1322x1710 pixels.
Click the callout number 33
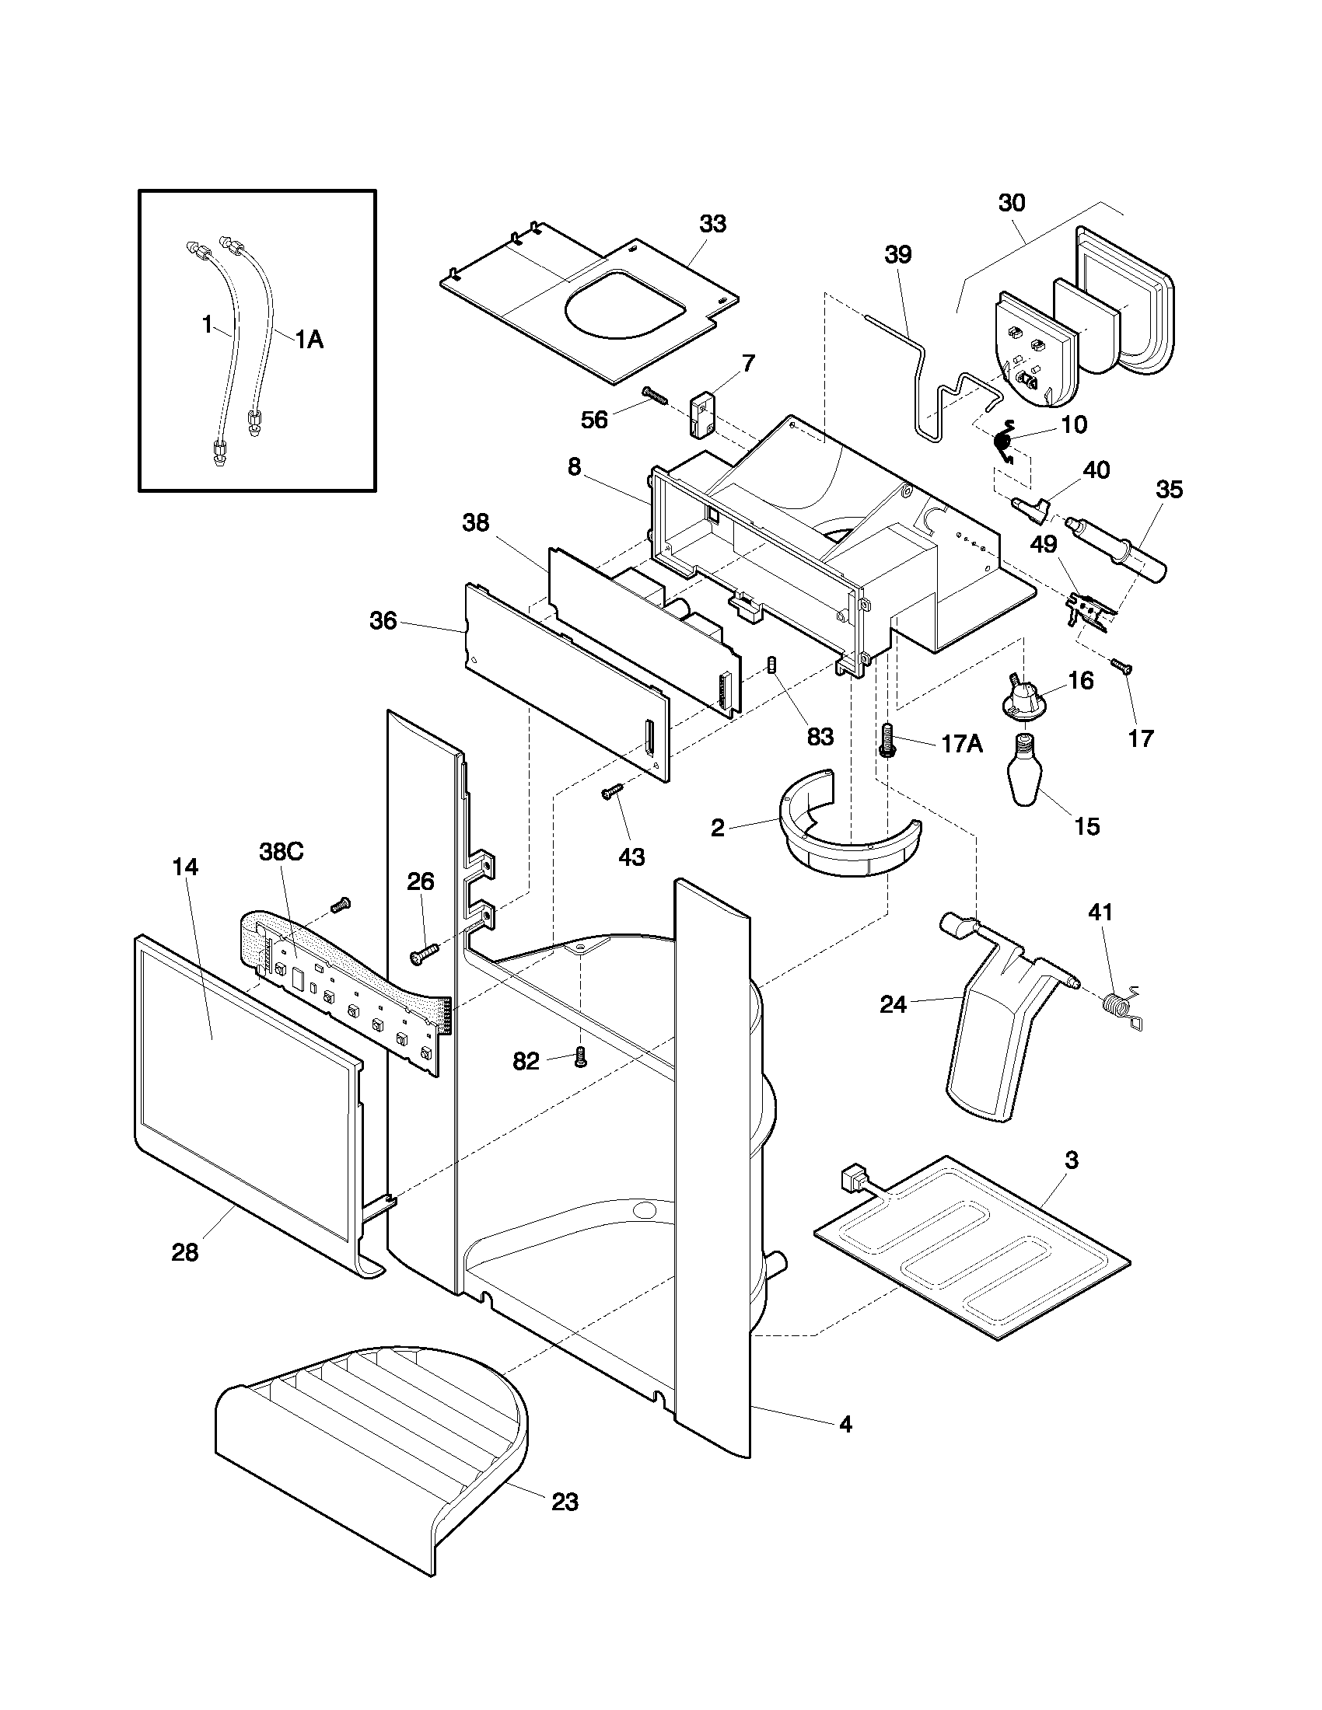tap(712, 224)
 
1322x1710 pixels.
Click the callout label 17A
tap(962, 743)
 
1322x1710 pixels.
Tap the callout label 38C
tap(282, 852)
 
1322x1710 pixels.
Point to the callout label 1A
tap(310, 339)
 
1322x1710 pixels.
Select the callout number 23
tap(565, 1502)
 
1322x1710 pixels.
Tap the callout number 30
tap(1012, 203)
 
